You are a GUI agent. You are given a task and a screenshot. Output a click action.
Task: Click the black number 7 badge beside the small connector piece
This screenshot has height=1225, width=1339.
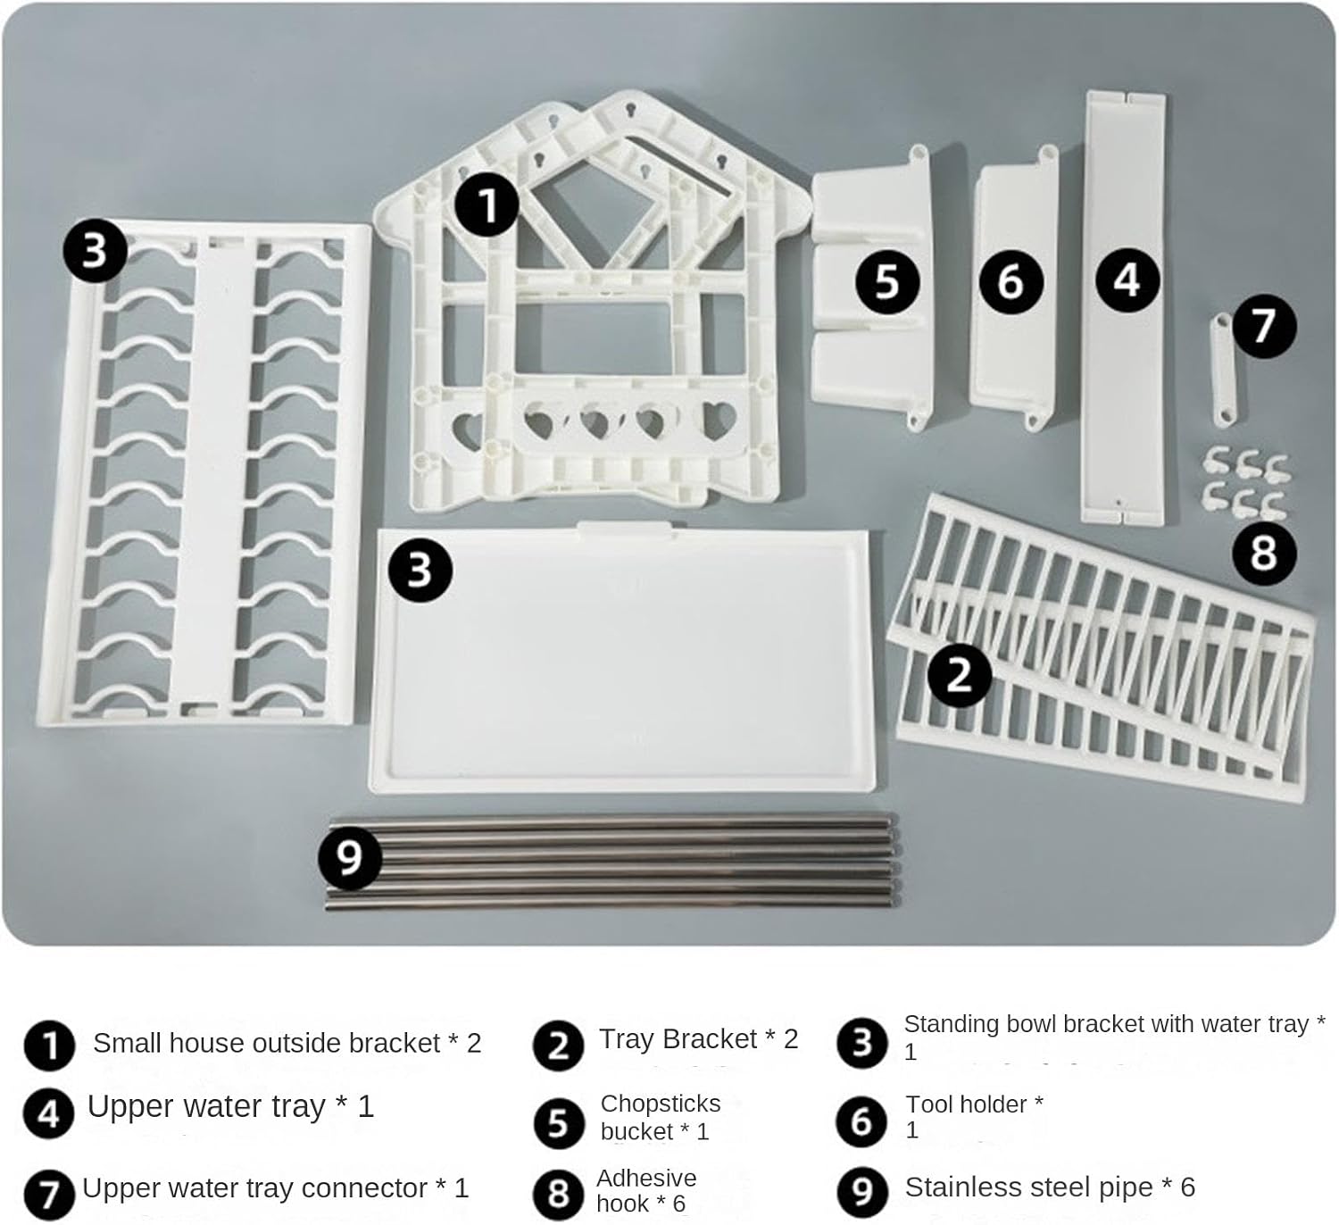1264,327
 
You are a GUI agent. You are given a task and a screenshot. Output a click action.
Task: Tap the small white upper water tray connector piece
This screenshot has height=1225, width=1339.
1224,370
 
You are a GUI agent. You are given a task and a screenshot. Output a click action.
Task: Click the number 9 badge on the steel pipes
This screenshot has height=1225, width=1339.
350,857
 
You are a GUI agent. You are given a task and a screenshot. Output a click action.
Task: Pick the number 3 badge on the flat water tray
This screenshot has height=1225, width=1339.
420,571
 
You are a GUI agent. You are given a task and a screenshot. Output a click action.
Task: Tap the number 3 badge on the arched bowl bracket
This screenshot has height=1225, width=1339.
95,251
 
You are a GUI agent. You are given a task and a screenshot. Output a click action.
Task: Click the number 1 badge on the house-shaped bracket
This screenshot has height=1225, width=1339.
487,204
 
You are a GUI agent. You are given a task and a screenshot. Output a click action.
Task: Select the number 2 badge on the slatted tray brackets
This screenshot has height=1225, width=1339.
960,675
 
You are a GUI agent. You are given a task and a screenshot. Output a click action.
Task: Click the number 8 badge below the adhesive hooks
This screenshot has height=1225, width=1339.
1264,554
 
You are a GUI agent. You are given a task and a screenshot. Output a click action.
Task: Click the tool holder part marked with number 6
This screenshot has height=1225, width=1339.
1013,287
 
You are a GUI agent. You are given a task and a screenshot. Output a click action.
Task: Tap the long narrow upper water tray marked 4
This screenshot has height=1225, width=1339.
1124,307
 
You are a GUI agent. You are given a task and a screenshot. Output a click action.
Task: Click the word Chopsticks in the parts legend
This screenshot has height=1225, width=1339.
661,1104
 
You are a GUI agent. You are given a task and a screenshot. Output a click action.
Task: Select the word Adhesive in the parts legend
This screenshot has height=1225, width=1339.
646,1178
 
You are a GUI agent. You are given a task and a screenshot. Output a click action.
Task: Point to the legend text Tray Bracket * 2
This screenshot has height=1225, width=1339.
698,1038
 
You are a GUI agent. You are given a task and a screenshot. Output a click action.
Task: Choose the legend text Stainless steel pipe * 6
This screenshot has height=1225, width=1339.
1050,1187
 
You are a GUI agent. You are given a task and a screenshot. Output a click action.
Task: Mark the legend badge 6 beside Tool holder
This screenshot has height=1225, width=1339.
861,1121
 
